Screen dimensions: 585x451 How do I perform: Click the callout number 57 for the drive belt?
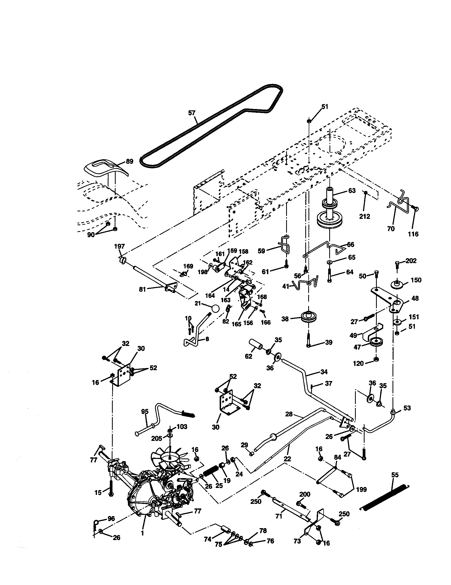point(192,113)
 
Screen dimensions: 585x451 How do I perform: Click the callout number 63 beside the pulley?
point(352,190)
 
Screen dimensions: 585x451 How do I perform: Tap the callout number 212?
point(365,216)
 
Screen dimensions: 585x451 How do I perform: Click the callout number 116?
point(413,234)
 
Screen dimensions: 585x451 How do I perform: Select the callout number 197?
point(119,246)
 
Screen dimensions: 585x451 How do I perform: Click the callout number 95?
point(145,412)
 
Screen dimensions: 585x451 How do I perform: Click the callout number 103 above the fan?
point(182,427)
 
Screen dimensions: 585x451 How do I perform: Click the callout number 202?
point(411,261)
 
